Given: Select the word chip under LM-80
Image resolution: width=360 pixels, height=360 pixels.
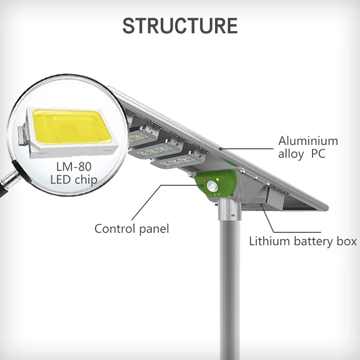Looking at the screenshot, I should coord(86,180).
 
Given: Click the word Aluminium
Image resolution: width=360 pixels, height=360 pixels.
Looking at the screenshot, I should coord(308,141).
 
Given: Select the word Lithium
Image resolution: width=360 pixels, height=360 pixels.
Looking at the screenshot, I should coord(268,241).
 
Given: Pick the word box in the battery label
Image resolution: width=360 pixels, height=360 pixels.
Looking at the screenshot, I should coord(347,241).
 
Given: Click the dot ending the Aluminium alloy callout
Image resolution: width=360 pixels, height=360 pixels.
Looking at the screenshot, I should coord(220,149).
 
